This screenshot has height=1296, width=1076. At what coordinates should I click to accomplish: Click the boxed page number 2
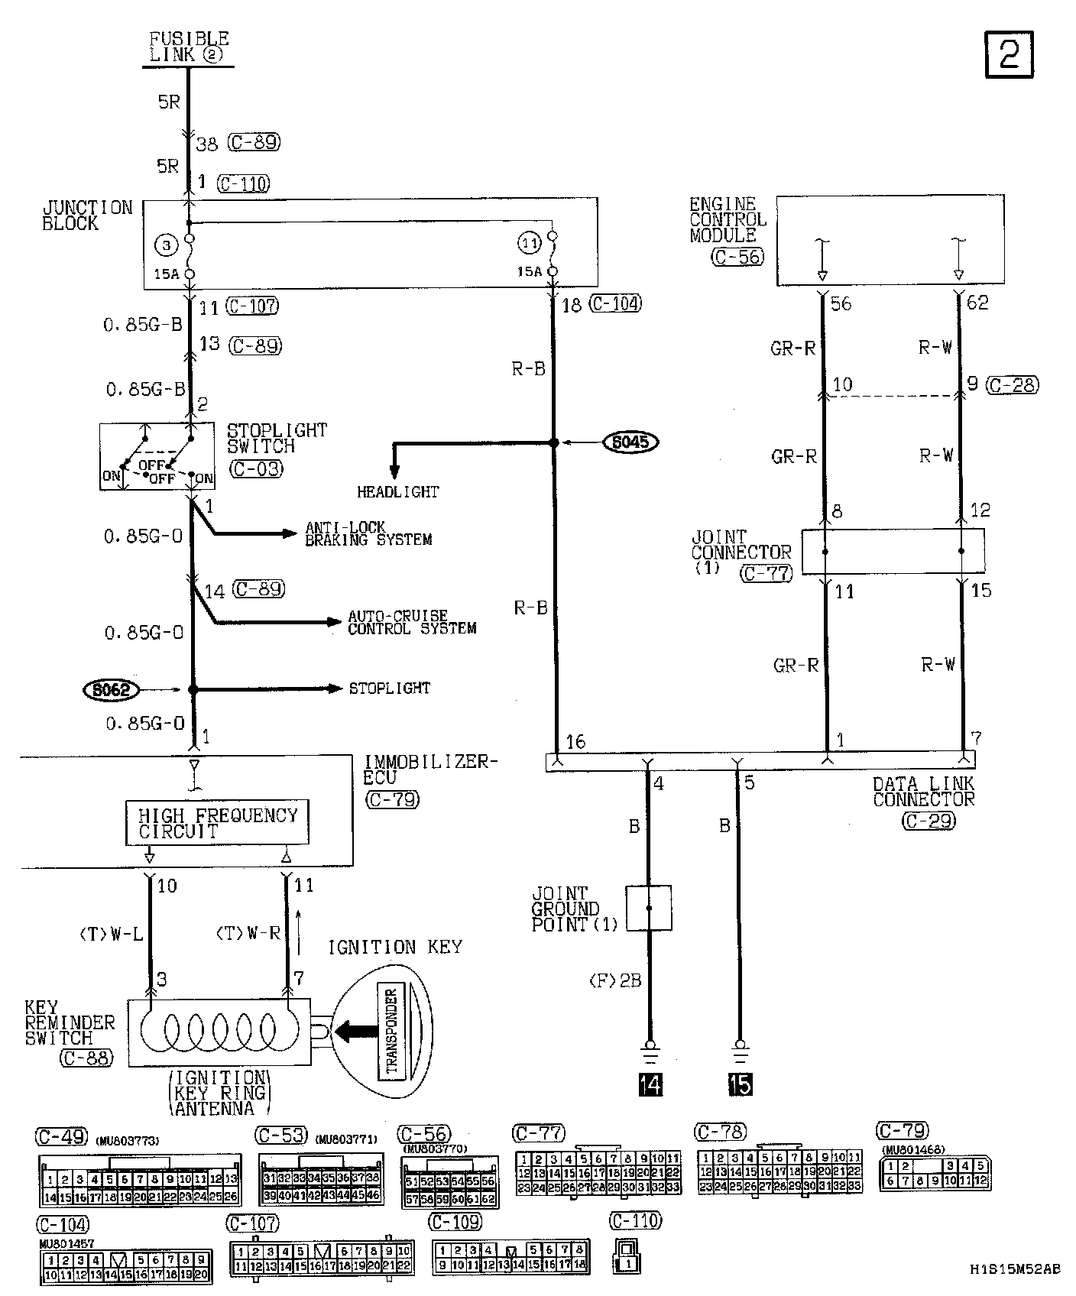[x=1009, y=55]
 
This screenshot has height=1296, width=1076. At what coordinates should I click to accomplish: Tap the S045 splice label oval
[x=630, y=442]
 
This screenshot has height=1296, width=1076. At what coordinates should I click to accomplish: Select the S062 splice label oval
[x=111, y=691]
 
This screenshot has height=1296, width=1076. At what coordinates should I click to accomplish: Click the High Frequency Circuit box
[x=217, y=823]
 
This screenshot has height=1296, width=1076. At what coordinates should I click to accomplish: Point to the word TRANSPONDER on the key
[x=392, y=1032]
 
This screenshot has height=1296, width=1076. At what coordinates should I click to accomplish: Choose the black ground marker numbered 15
[x=740, y=1084]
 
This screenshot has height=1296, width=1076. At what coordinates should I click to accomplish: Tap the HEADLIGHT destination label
[x=398, y=493]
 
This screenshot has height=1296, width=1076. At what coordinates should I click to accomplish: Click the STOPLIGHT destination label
[x=390, y=688]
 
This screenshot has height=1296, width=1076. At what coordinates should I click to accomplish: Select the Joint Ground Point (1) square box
[x=649, y=908]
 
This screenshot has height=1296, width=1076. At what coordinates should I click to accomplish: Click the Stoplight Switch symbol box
[x=157, y=456]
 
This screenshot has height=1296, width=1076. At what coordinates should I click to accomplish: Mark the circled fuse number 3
[x=166, y=245]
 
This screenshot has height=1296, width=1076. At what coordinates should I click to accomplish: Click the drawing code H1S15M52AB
[x=1014, y=1269]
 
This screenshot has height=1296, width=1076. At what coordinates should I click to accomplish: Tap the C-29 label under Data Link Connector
[x=928, y=821]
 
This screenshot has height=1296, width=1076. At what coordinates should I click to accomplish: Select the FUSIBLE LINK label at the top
[x=189, y=47]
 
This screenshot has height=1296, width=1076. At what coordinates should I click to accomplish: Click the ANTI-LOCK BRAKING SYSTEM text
[x=368, y=533]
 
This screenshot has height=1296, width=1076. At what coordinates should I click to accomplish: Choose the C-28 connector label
[x=1012, y=385]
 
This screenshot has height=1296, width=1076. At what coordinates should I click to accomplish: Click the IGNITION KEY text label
[x=395, y=948]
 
